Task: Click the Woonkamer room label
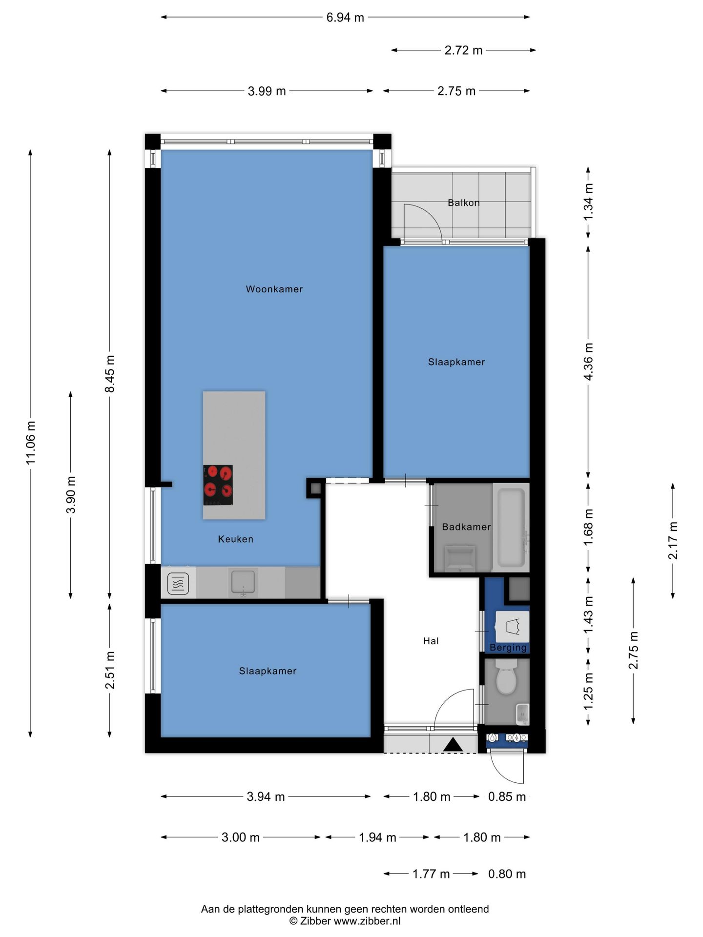click(x=274, y=289)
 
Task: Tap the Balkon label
click(x=464, y=203)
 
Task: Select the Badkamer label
click(x=466, y=527)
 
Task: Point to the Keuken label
click(x=235, y=539)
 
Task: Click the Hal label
click(x=431, y=641)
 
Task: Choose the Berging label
click(x=508, y=648)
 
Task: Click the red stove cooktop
click(x=218, y=485)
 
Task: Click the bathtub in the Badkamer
click(x=511, y=527)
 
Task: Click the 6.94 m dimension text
click(x=345, y=18)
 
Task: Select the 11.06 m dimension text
click(x=31, y=443)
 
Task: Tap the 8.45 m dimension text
click(x=110, y=374)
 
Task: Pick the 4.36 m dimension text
click(x=588, y=362)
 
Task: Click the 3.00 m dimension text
click(x=241, y=837)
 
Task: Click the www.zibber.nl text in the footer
click(x=367, y=921)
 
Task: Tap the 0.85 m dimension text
click(x=507, y=797)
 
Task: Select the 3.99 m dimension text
click(x=267, y=91)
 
